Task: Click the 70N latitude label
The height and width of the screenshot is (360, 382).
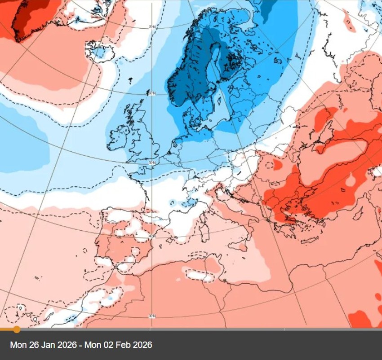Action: pos(151,27)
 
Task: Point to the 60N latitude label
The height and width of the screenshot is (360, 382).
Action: pos(151,93)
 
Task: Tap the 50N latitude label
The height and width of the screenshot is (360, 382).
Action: pos(151,162)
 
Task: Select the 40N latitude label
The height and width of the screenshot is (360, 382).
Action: pos(151,236)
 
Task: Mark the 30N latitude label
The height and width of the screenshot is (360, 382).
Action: pos(151,316)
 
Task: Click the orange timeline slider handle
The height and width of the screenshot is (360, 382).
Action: pos(17,329)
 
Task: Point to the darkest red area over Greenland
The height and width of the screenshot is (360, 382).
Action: pos(27,16)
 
